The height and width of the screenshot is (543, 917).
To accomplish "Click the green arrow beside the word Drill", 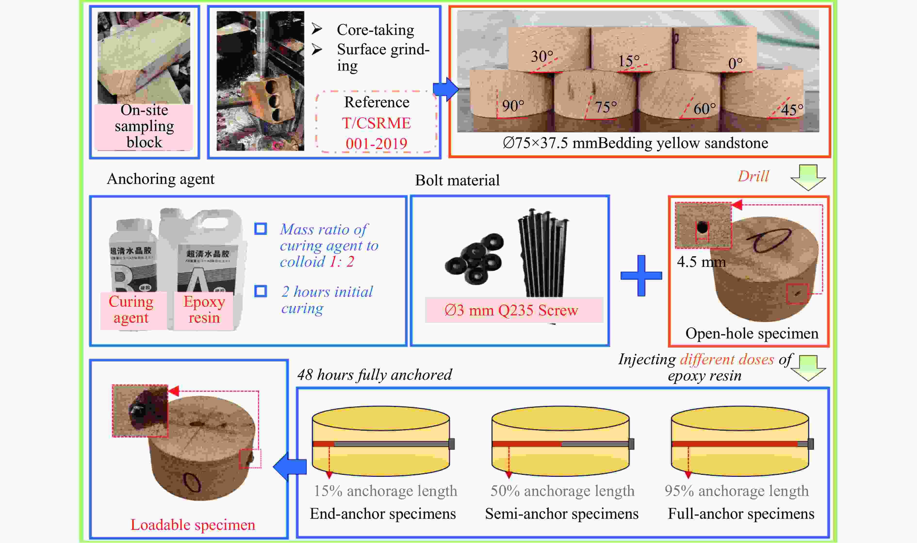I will (x=808, y=177).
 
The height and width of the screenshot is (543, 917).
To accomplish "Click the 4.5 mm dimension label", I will (x=701, y=262).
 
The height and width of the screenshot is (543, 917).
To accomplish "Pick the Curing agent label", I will (x=131, y=310).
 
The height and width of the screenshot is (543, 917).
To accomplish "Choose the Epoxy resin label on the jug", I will (x=204, y=310).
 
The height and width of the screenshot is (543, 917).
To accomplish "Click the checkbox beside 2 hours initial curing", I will (x=261, y=291).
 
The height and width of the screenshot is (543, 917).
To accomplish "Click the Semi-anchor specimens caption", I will (x=561, y=514).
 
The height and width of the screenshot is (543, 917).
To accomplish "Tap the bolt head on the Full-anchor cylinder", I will (x=811, y=444).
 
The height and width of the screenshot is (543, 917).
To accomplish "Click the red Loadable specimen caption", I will (x=193, y=525).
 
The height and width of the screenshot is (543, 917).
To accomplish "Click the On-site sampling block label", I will (x=144, y=126).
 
